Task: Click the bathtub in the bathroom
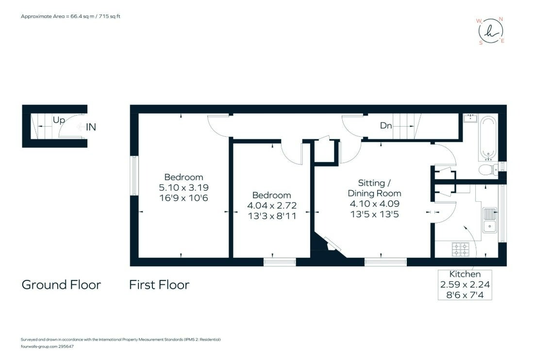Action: click(x=488, y=138)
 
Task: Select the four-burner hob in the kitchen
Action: click(x=461, y=249)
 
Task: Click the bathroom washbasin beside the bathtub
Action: click(x=470, y=118)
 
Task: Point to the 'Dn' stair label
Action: click(x=386, y=126)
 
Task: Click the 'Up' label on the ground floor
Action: click(x=59, y=120)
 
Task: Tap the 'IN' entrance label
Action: click(x=91, y=127)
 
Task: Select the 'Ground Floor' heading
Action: click(x=61, y=285)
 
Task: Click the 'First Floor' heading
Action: click(x=159, y=285)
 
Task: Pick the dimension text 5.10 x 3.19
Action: click(x=184, y=187)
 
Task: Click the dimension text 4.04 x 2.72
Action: click(x=272, y=206)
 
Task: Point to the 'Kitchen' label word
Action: click(x=465, y=274)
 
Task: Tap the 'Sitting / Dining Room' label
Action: click(x=374, y=188)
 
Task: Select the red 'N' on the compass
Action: click(x=501, y=19)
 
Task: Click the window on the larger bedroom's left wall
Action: click(x=134, y=176)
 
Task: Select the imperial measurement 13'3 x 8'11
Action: click(x=272, y=216)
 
